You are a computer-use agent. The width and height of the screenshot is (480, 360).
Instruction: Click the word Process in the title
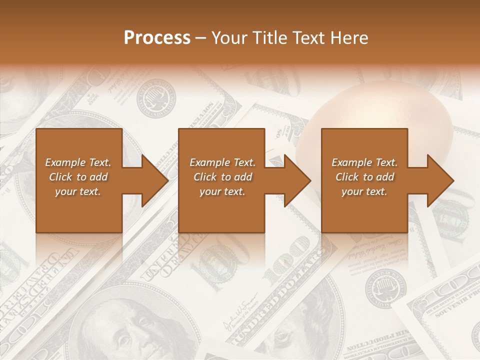tap(157, 38)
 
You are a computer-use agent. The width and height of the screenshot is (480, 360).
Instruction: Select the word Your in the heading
tap(229, 38)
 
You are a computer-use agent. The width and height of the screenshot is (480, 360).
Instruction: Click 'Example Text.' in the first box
tap(78, 162)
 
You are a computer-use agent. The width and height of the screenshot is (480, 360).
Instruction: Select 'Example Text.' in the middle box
tap(222, 162)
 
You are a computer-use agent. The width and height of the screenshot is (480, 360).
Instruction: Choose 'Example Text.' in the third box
tap(364, 162)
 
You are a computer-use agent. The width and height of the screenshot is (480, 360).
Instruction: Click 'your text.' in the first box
tap(78, 191)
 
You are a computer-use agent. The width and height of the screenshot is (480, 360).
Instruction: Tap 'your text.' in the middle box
tap(222, 191)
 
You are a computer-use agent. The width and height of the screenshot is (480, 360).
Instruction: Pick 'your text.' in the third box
tap(364, 191)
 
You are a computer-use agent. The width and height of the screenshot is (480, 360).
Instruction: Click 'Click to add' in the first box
tap(78, 177)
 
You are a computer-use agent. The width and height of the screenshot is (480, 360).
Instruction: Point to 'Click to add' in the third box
tap(364, 177)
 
